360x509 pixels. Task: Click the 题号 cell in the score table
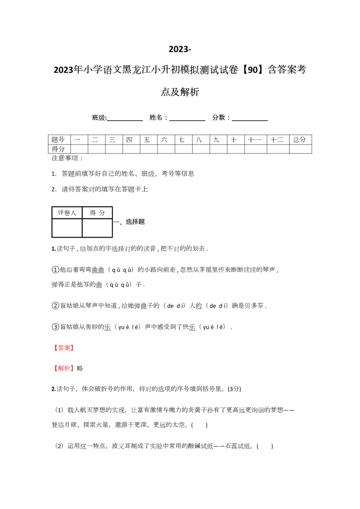(58, 140)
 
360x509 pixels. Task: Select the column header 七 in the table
(181, 140)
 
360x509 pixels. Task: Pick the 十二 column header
(277, 140)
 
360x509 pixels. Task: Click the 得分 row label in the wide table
(58, 149)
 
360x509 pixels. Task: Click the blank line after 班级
(125, 118)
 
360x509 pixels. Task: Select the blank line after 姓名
(187, 118)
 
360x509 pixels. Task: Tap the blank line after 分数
(250, 118)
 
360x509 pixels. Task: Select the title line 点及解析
(180, 92)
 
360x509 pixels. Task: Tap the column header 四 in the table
(130, 140)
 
